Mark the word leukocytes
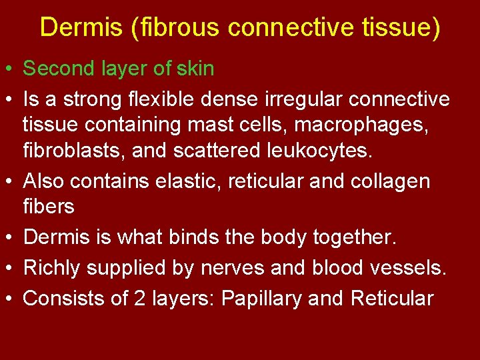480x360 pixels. pyautogui.click(x=314, y=150)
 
